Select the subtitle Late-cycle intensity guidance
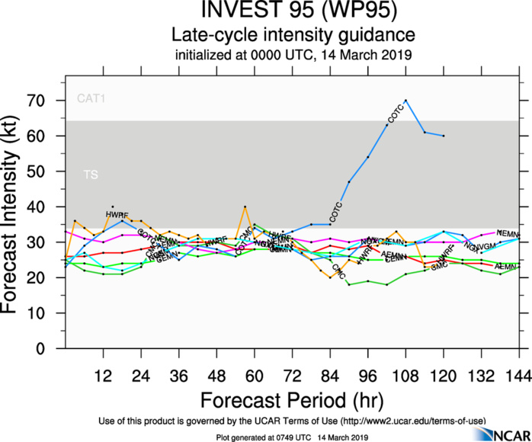[293, 35]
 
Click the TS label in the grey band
[90, 175]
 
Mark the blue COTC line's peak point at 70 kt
[405, 100]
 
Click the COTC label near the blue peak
[396, 114]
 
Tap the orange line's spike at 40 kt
[245, 207]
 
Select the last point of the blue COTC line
[444, 136]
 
